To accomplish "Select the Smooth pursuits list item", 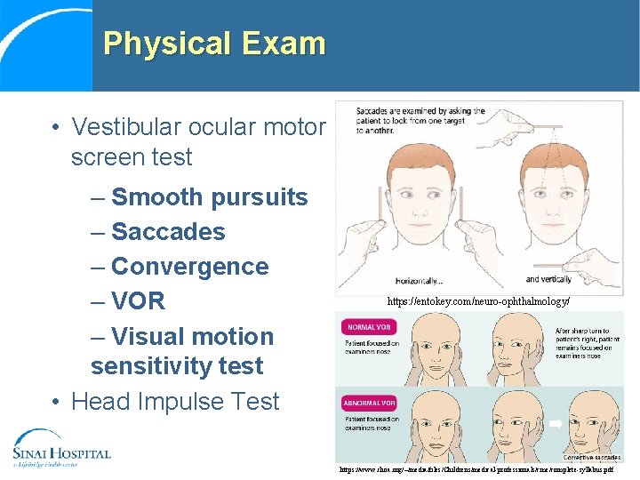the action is point(209,197).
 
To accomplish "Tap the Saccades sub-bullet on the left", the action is point(168,232).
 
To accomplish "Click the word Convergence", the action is point(189,267).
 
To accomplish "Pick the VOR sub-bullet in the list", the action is point(138,301).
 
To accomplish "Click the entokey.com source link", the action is point(477,302).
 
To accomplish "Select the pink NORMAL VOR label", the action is point(369,327).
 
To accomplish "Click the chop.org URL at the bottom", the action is point(476,468).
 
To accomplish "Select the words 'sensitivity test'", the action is point(177,366).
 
